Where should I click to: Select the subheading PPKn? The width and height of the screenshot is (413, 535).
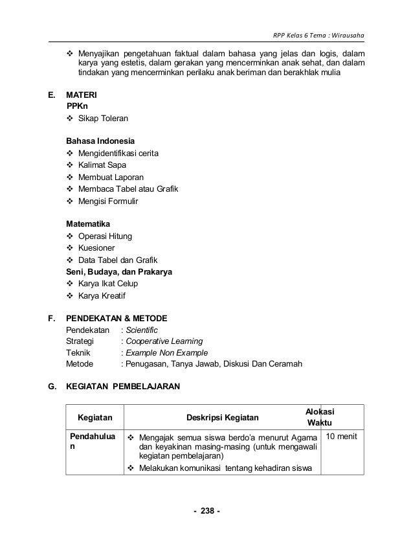(79, 106)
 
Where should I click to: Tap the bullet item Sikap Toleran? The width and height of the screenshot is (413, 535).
(103, 119)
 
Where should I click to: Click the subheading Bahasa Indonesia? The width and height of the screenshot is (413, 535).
(98, 141)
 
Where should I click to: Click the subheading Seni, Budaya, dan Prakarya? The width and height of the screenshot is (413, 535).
(121, 271)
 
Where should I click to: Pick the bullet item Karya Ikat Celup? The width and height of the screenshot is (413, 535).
(108, 284)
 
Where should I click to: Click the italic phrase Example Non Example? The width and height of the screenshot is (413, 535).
(167, 353)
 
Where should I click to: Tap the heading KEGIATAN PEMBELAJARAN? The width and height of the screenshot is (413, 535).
(124, 387)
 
